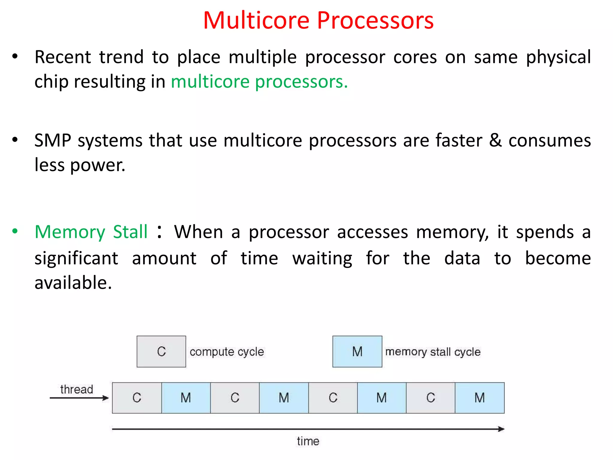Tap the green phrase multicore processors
tap(259, 81)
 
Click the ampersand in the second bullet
tap(495, 140)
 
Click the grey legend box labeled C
tap(161, 351)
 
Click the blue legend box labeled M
tap(357, 351)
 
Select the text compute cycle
tap(227, 352)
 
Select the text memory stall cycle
tap(433, 352)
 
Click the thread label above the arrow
tap(77, 389)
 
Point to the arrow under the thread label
tap(79, 398)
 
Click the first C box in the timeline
tap(137, 398)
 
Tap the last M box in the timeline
tap(480, 398)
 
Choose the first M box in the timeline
tap(186, 398)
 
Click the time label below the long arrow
tap(308, 441)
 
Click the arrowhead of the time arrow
tap(501, 429)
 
